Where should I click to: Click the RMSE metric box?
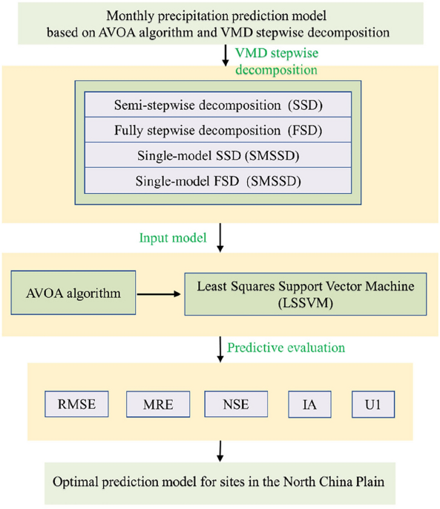tap(77, 405)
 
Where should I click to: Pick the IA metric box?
tap(309, 405)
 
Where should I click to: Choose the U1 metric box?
tap(373, 405)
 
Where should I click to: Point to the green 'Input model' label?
tap(171, 239)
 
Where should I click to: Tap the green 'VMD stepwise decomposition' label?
tap(276, 62)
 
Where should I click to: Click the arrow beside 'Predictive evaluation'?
tap(220, 348)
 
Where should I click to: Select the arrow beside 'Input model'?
tap(220, 239)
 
